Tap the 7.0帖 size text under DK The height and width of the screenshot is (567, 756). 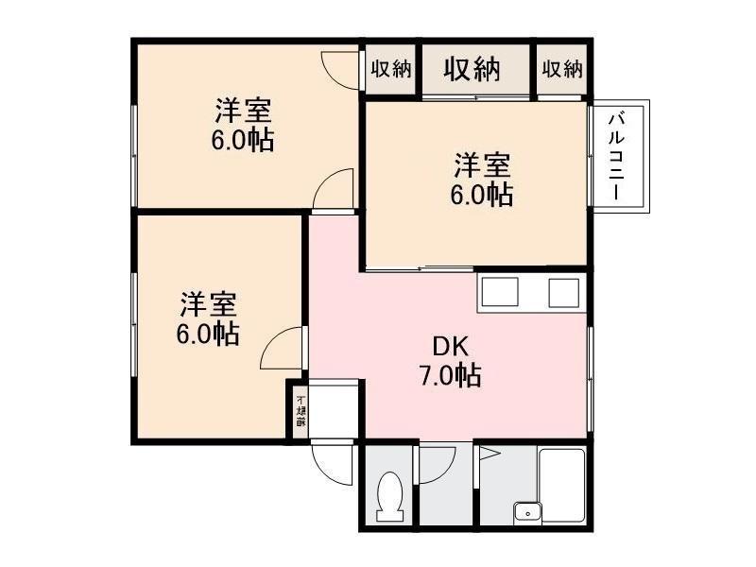(450, 375)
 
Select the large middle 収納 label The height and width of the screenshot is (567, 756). (472, 69)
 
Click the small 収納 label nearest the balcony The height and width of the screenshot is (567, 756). (562, 69)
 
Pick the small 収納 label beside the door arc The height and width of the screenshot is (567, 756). (390, 69)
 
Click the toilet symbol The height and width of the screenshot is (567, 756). (387, 496)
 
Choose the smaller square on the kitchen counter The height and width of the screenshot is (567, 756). (563, 294)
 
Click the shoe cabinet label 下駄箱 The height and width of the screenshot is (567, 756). (300, 410)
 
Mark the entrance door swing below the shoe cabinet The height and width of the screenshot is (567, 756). (333, 462)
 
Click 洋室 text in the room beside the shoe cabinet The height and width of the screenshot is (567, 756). (209, 304)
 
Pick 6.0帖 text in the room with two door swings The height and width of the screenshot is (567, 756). (244, 141)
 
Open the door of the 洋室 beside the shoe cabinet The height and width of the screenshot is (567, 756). (283, 349)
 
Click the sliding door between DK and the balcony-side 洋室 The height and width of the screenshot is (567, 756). (421, 270)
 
